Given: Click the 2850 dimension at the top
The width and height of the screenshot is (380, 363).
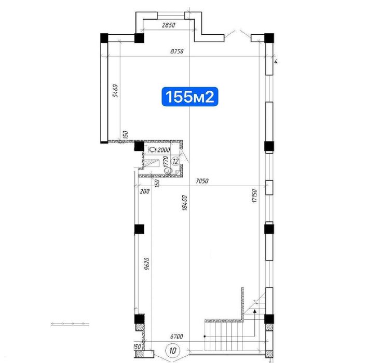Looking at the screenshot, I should coord(167,25).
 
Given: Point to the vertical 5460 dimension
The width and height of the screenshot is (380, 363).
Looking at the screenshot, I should coord(116,91).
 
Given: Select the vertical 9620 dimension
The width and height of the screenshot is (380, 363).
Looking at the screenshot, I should coord(147,266).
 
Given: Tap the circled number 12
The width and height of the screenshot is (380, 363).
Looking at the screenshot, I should coord(176,161).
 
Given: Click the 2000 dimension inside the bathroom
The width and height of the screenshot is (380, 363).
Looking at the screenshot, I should coord(164,150).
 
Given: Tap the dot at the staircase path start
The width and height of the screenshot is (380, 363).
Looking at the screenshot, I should coord(206,336).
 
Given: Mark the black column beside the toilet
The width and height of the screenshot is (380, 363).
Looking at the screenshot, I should coord(139,147).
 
